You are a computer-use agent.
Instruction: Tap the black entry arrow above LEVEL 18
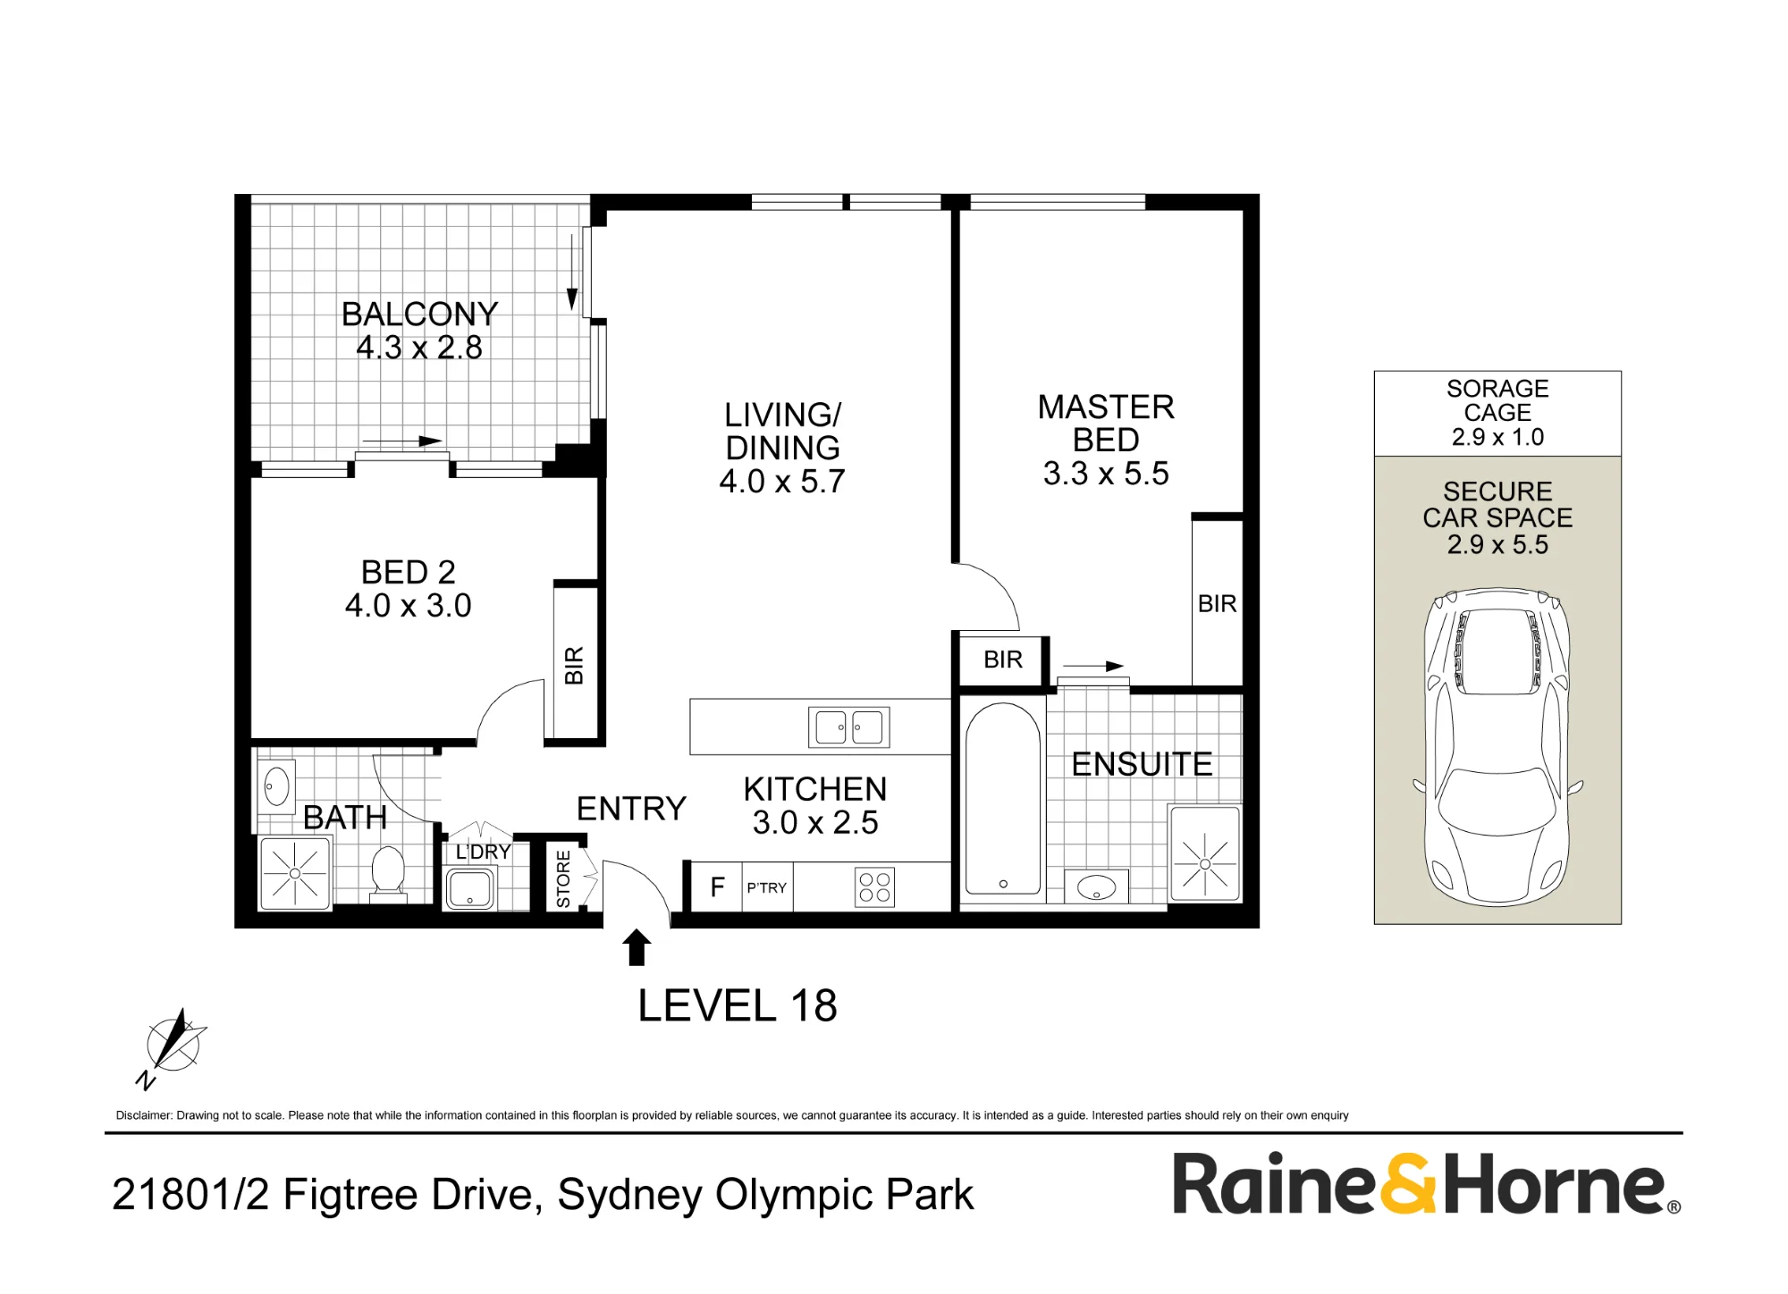click(x=637, y=947)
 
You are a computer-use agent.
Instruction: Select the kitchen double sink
click(x=849, y=727)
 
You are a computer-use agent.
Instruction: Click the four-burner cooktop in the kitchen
click(x=874, y=887)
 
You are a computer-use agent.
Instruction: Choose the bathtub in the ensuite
click(x=1003, y=799)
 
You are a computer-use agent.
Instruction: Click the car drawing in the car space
click(x=1497, y=745)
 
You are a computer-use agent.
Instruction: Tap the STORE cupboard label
click(x=563, y=879)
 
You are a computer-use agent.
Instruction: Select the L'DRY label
click(x=483, y=852)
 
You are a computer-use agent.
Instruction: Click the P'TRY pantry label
click(x=767, y=887)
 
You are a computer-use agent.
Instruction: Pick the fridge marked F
click(x=717, y=886)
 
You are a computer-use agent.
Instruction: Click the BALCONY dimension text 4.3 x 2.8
click(x=419, y=347)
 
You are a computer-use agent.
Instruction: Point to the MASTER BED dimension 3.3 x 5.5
click(x=1106, y=473)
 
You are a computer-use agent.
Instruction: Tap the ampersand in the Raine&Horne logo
click(x=1408, y=1184)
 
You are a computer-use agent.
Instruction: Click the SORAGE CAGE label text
click(x=1497, y=400)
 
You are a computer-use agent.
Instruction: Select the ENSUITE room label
click(x=1142, y=764)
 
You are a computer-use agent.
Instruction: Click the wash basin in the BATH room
click(x=276, y=786)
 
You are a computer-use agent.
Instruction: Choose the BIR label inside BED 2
click(x=574, y=666)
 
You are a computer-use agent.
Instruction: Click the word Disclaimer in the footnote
click(x=143, y=1115)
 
